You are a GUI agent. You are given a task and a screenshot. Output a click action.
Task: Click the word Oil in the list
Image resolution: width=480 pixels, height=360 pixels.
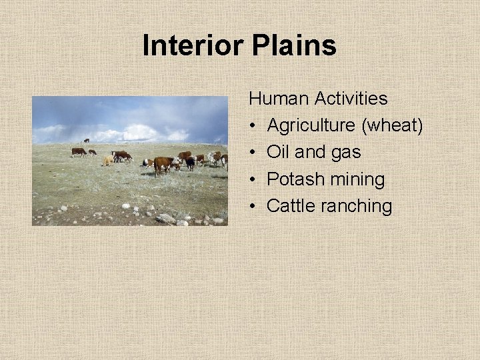(278, 153)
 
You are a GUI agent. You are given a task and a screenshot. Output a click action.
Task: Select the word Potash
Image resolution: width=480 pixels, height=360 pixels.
(292, 179)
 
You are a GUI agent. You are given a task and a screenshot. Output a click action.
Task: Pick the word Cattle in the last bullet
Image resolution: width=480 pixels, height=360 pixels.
(291, 206)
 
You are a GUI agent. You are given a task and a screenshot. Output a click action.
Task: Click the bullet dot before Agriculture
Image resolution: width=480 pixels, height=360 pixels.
(253, 126)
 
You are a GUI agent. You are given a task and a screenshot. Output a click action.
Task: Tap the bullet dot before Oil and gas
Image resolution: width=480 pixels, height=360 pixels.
(253, 153)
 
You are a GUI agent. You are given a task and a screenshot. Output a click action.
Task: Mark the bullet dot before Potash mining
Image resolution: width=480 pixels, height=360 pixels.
(253, 179)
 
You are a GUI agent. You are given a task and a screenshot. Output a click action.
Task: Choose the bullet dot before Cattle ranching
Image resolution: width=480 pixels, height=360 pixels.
(253, 206)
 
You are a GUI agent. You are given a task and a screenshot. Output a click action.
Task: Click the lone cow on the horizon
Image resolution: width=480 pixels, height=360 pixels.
(86, 141)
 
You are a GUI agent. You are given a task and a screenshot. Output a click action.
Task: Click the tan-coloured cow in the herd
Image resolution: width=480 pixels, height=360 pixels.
(107, 161)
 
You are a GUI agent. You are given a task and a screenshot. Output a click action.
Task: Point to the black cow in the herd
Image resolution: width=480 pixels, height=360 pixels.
(190, 163)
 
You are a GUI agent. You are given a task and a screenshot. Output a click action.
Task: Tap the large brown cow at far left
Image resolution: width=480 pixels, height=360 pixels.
(79, 152)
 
